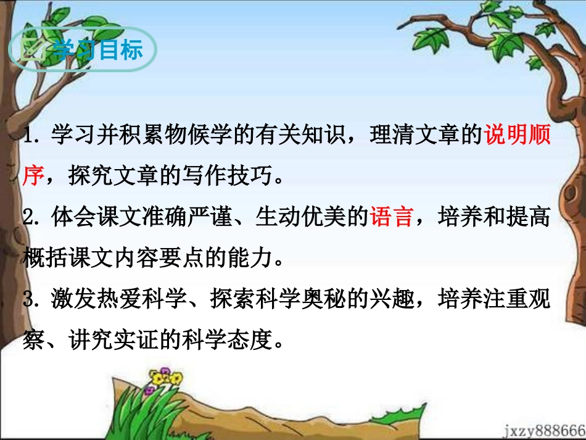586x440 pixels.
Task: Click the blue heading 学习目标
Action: [97, 50]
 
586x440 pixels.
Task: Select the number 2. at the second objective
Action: [33, 218]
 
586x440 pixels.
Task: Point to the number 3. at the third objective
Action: [33, 300]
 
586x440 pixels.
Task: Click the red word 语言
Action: [391, 218]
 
